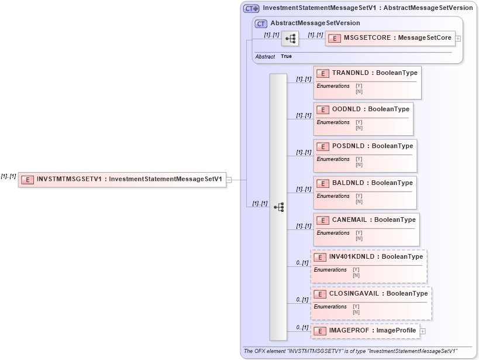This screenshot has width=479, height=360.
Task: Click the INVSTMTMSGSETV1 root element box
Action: click(122, 179)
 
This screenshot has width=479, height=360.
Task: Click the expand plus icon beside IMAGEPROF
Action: click(423, 331)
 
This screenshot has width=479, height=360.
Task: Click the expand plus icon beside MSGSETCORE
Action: click(458, 39)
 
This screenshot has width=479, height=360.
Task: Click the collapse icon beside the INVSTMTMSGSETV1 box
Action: click(229, 180)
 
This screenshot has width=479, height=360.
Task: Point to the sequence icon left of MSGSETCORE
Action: click(290, 39)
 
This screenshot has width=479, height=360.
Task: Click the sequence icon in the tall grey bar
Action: click(278, 207)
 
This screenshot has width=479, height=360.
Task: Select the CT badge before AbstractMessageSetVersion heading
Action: click(261, 23)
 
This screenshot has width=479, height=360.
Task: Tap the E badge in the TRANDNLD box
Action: click(323, 73)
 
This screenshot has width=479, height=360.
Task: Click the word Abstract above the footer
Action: click(265, 57)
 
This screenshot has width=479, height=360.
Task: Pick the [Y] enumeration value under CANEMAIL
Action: click(359, 233)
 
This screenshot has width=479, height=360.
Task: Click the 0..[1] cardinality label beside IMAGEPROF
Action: click(302, 328)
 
